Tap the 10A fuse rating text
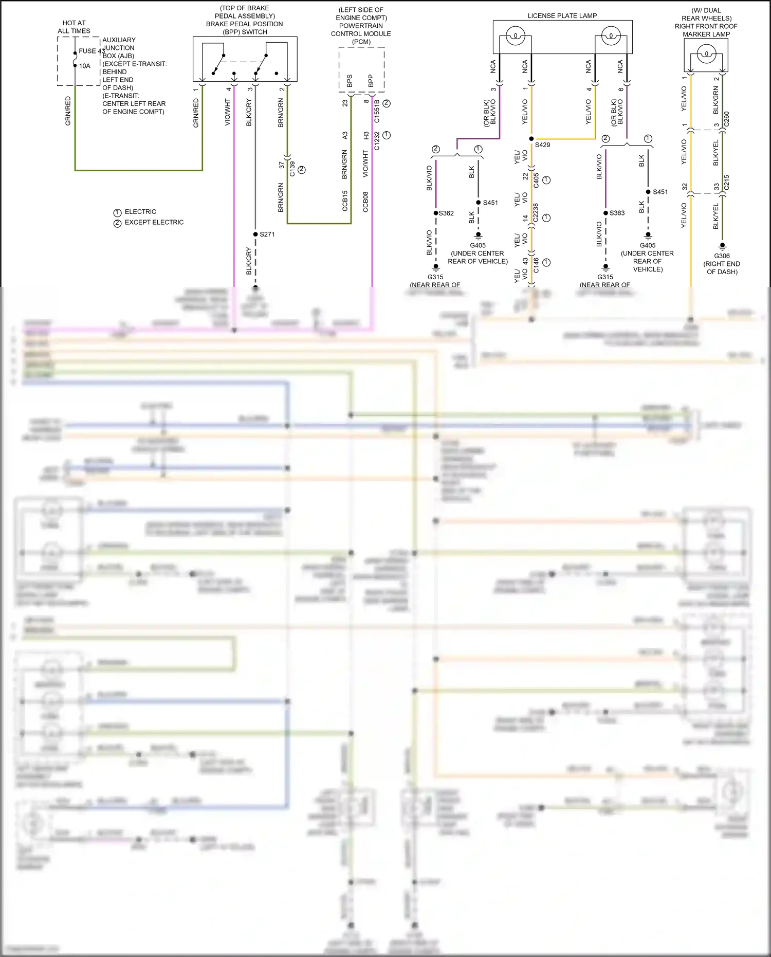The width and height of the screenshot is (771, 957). pyautogui.click(x=85, y=66)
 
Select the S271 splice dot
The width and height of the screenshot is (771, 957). pyautogui.click(x=255, y=234)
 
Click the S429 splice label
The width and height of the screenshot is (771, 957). pyautogui.click(x=542, y=145)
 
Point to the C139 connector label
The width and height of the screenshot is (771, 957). pyautogui.click(x=292, y=168)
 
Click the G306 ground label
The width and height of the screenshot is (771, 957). pyautogui.click(x=722, y=256)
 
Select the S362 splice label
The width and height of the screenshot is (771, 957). pyautogui.click(x=446, y=213)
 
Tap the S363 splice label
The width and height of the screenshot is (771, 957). pyautogui.click(x=617, y=213)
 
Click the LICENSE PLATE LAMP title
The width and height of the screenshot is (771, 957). pyautogui.click(x=562, y=16)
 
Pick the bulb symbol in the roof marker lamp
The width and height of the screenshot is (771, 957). pyautogui.click(x=706, y=53)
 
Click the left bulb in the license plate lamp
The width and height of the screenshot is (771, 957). pyautogui.click(x=515, y=37)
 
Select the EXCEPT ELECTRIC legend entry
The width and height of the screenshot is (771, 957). pyautogui.click(x=154, y=223)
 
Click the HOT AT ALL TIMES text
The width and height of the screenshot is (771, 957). pyautogui.click(x=74, y=27)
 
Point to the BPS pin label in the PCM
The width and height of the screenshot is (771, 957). pyautogui.click(x=350, y=81)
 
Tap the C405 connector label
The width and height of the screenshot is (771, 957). pyautogui.click(x=536, y=180)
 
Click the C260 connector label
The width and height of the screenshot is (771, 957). pyautogui.click(x=726, y=119)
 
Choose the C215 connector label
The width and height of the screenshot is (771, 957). pyautogui.click(x=726, y=182)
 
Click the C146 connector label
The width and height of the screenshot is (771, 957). pyautogui.click(x=536, y=265)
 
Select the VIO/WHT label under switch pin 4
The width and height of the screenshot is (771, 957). pyautogui.click(x=228, y=113)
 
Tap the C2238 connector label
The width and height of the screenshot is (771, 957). pyautogui.click(x=536, y=213)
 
